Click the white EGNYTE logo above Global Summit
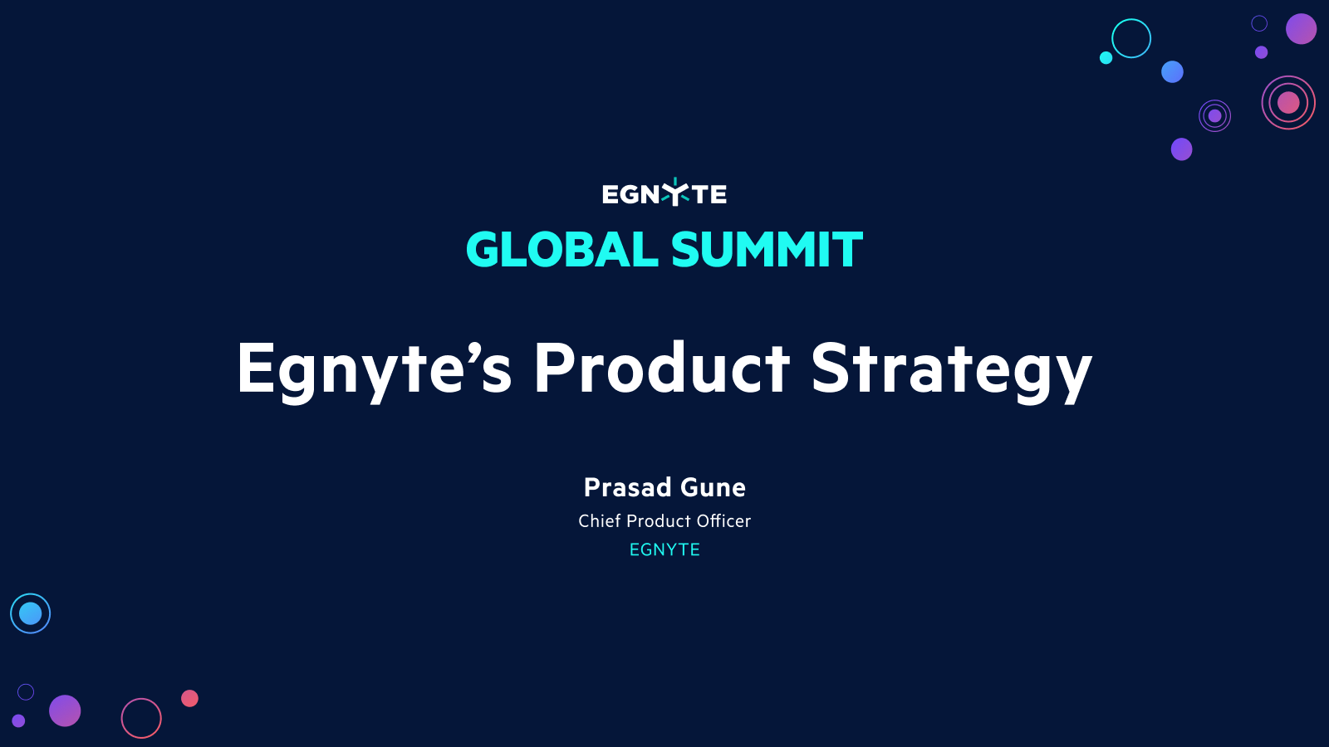(x=664, y=193)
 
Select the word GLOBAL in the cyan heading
(x=562, y=250)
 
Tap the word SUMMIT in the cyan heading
(x=767, y=250)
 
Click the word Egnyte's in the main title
(x=374, y=369)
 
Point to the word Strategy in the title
(x=951, y=369)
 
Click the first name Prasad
(x=627, y=487)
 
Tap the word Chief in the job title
(x=599, y=521)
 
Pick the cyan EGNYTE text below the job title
(x=664, y=549)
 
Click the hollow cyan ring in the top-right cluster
(x=1131, y=38)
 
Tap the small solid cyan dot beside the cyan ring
(x=1106, y=57)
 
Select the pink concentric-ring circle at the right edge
(x=1288, y=102)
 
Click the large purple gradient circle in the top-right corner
(x=1301, y=28)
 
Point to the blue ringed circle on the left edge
(x=31, y=613)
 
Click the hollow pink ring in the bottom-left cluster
(x=141, y=718)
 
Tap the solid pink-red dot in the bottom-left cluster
(x=189, y=698)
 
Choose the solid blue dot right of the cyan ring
(x=1172, y=71)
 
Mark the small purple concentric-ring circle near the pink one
(x=1214, y=115)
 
